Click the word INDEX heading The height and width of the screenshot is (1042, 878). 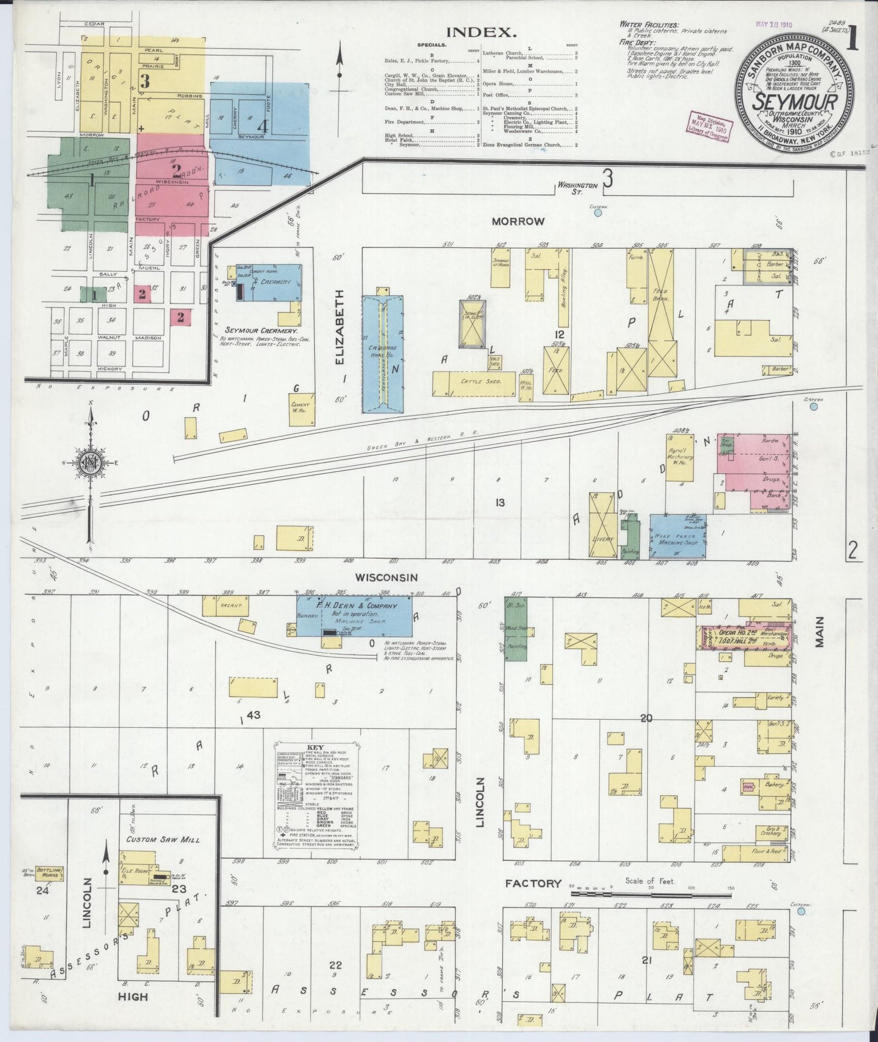click(481, 32)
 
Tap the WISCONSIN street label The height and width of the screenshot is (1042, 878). click(386, 577)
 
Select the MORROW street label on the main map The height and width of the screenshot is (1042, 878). click(518, 221)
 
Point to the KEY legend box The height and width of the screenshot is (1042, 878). click(315, 796)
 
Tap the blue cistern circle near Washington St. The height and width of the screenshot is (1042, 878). click(598, 213)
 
